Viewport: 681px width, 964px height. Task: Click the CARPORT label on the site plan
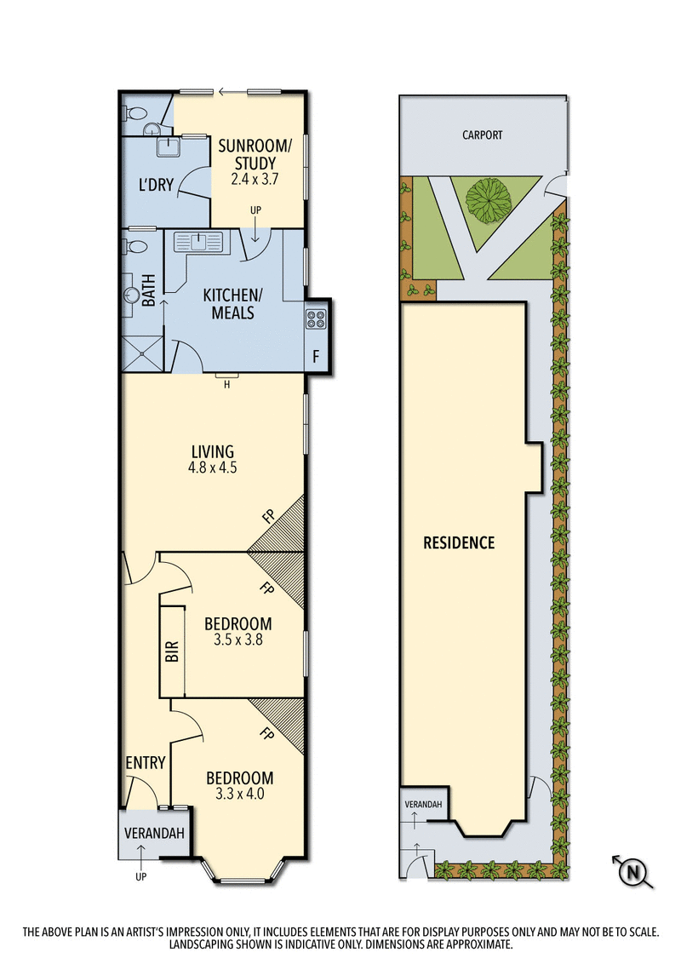pos(482,135)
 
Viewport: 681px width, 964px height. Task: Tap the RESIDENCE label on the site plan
pos(459,542)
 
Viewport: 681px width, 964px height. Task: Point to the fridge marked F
pos(316,356)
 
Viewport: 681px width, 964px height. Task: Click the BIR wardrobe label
pos(171,651)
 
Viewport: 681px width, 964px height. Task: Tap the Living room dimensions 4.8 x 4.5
pos(213,468)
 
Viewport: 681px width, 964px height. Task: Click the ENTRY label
pos(145,762)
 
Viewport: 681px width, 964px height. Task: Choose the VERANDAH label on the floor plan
pos(154,834)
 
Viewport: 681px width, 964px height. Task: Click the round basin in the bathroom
pos(132,295)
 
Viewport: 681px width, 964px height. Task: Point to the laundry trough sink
pos(173,148)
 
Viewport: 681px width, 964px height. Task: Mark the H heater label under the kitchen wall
pos(226,384)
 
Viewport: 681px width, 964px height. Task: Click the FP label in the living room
pos(267,515)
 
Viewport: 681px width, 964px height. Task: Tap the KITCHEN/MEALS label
pos(228,304)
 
